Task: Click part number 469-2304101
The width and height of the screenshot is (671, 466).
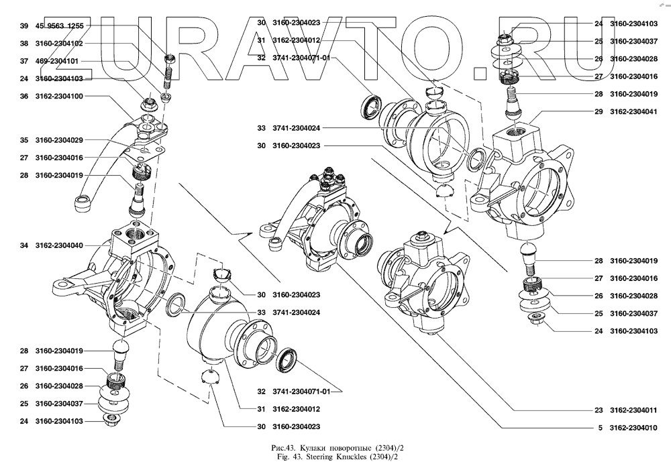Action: pos(58,61)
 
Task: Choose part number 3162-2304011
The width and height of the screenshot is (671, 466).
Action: pos(634,410)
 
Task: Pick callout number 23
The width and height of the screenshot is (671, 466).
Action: pos(598,410)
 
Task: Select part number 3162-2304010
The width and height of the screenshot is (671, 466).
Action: pos(634,427)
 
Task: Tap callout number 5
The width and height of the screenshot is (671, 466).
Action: pos(600,427)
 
